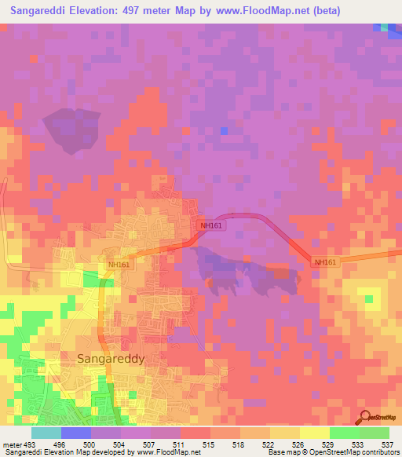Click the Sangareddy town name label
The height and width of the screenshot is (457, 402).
coord(111,357)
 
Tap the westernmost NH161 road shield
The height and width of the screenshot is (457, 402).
coord(119,265)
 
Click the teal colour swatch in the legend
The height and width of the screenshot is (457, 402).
coord(46,433)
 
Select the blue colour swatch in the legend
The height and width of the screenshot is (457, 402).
coord(76,433)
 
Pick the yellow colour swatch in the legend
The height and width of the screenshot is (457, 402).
coord(314,433)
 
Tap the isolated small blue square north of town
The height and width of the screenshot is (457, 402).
coord(225,130)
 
